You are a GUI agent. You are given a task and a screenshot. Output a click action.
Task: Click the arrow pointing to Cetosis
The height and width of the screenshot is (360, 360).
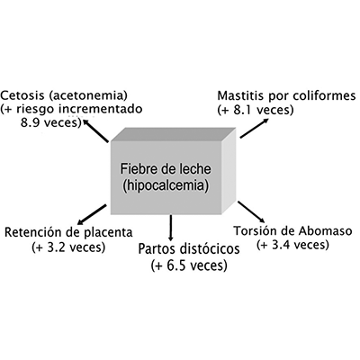click(x=95, y=130)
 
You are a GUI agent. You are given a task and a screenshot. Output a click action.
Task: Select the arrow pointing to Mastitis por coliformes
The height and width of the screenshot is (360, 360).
click(x=255, y=128)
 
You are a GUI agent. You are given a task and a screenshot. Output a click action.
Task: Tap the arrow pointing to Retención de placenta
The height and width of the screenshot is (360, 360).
click(x=92, y=214)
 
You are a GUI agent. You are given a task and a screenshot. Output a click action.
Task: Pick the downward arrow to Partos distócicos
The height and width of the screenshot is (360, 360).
click(x=171, y=228)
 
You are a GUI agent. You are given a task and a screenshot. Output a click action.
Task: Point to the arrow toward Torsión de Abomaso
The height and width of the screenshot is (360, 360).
click(x=251, y=212)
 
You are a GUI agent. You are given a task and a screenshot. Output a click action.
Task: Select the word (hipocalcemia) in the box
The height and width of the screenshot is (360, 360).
click(x=166, y=185)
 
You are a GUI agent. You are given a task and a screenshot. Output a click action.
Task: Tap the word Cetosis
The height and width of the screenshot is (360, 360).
click(x=22, y=95)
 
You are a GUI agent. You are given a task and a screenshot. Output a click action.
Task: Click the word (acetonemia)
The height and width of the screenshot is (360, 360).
click(x=87, y=96)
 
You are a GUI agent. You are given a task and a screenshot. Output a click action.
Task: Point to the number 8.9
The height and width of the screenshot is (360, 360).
click(x=30, y=122)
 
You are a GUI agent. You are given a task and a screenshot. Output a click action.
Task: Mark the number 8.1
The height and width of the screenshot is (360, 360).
click(x=240, y=110)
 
